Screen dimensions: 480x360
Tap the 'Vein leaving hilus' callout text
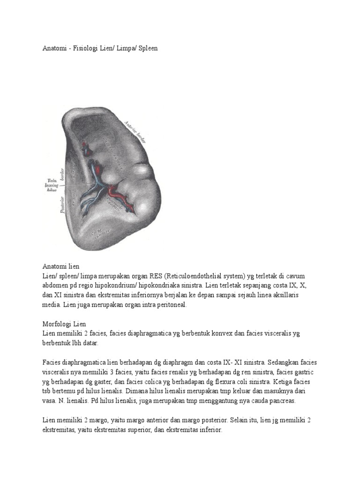(x=50, y=185)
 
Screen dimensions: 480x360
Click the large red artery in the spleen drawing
(x=115, y=191)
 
